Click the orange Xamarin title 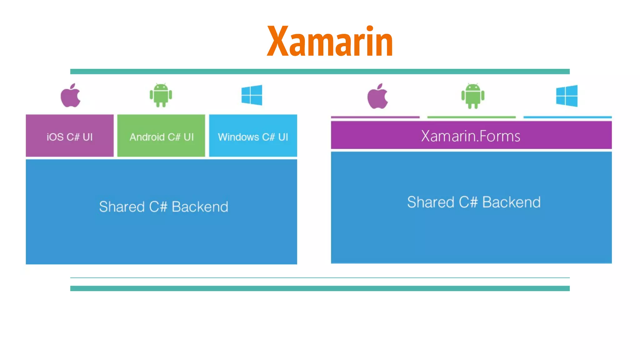[x=330, y=41]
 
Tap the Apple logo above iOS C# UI [x=70, y=96]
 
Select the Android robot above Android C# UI [x=161, y=95]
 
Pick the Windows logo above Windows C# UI [x=252, y=95]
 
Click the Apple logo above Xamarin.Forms [x=377, y=97]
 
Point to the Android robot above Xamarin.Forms [x=473, y=96]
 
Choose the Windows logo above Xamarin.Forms [x=567, y=96]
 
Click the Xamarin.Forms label [x=471, y=136]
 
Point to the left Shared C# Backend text [x=163, y=207]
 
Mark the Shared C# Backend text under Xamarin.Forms [x=474, y=202]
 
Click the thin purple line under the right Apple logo [x=375, y=117]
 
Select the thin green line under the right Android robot [x=471, y=117]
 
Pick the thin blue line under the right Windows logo [x=567, y=117]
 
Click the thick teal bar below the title [x=320, y=72]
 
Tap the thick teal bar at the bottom [x=320, y=288]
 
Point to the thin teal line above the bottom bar [x=320, y=277]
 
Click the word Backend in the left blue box [x=200, y=207]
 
